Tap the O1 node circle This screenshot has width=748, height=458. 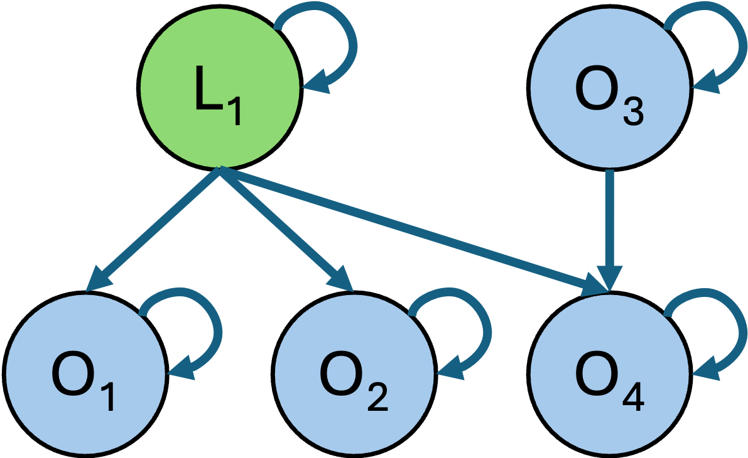coord(85,376)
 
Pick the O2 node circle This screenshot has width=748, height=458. coord(354,376)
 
